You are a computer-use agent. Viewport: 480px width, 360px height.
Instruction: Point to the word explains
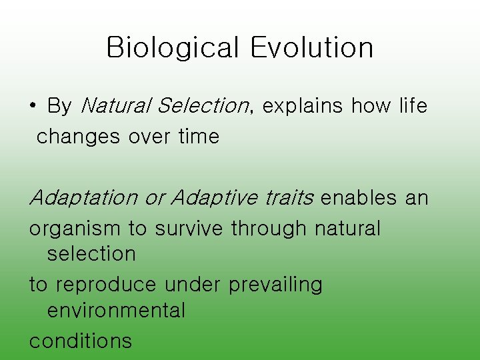pos(303,106)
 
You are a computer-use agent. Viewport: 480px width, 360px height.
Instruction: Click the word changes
pos(79,137)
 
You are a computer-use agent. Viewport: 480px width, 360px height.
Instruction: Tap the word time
pos(199,137)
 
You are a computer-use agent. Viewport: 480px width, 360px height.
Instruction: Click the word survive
pos(190,229)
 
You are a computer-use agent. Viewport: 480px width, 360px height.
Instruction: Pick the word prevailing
pos(275,285)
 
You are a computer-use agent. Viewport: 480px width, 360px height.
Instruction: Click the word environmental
pos(116,311)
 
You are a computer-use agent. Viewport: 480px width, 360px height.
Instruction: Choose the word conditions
pos(81,341)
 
